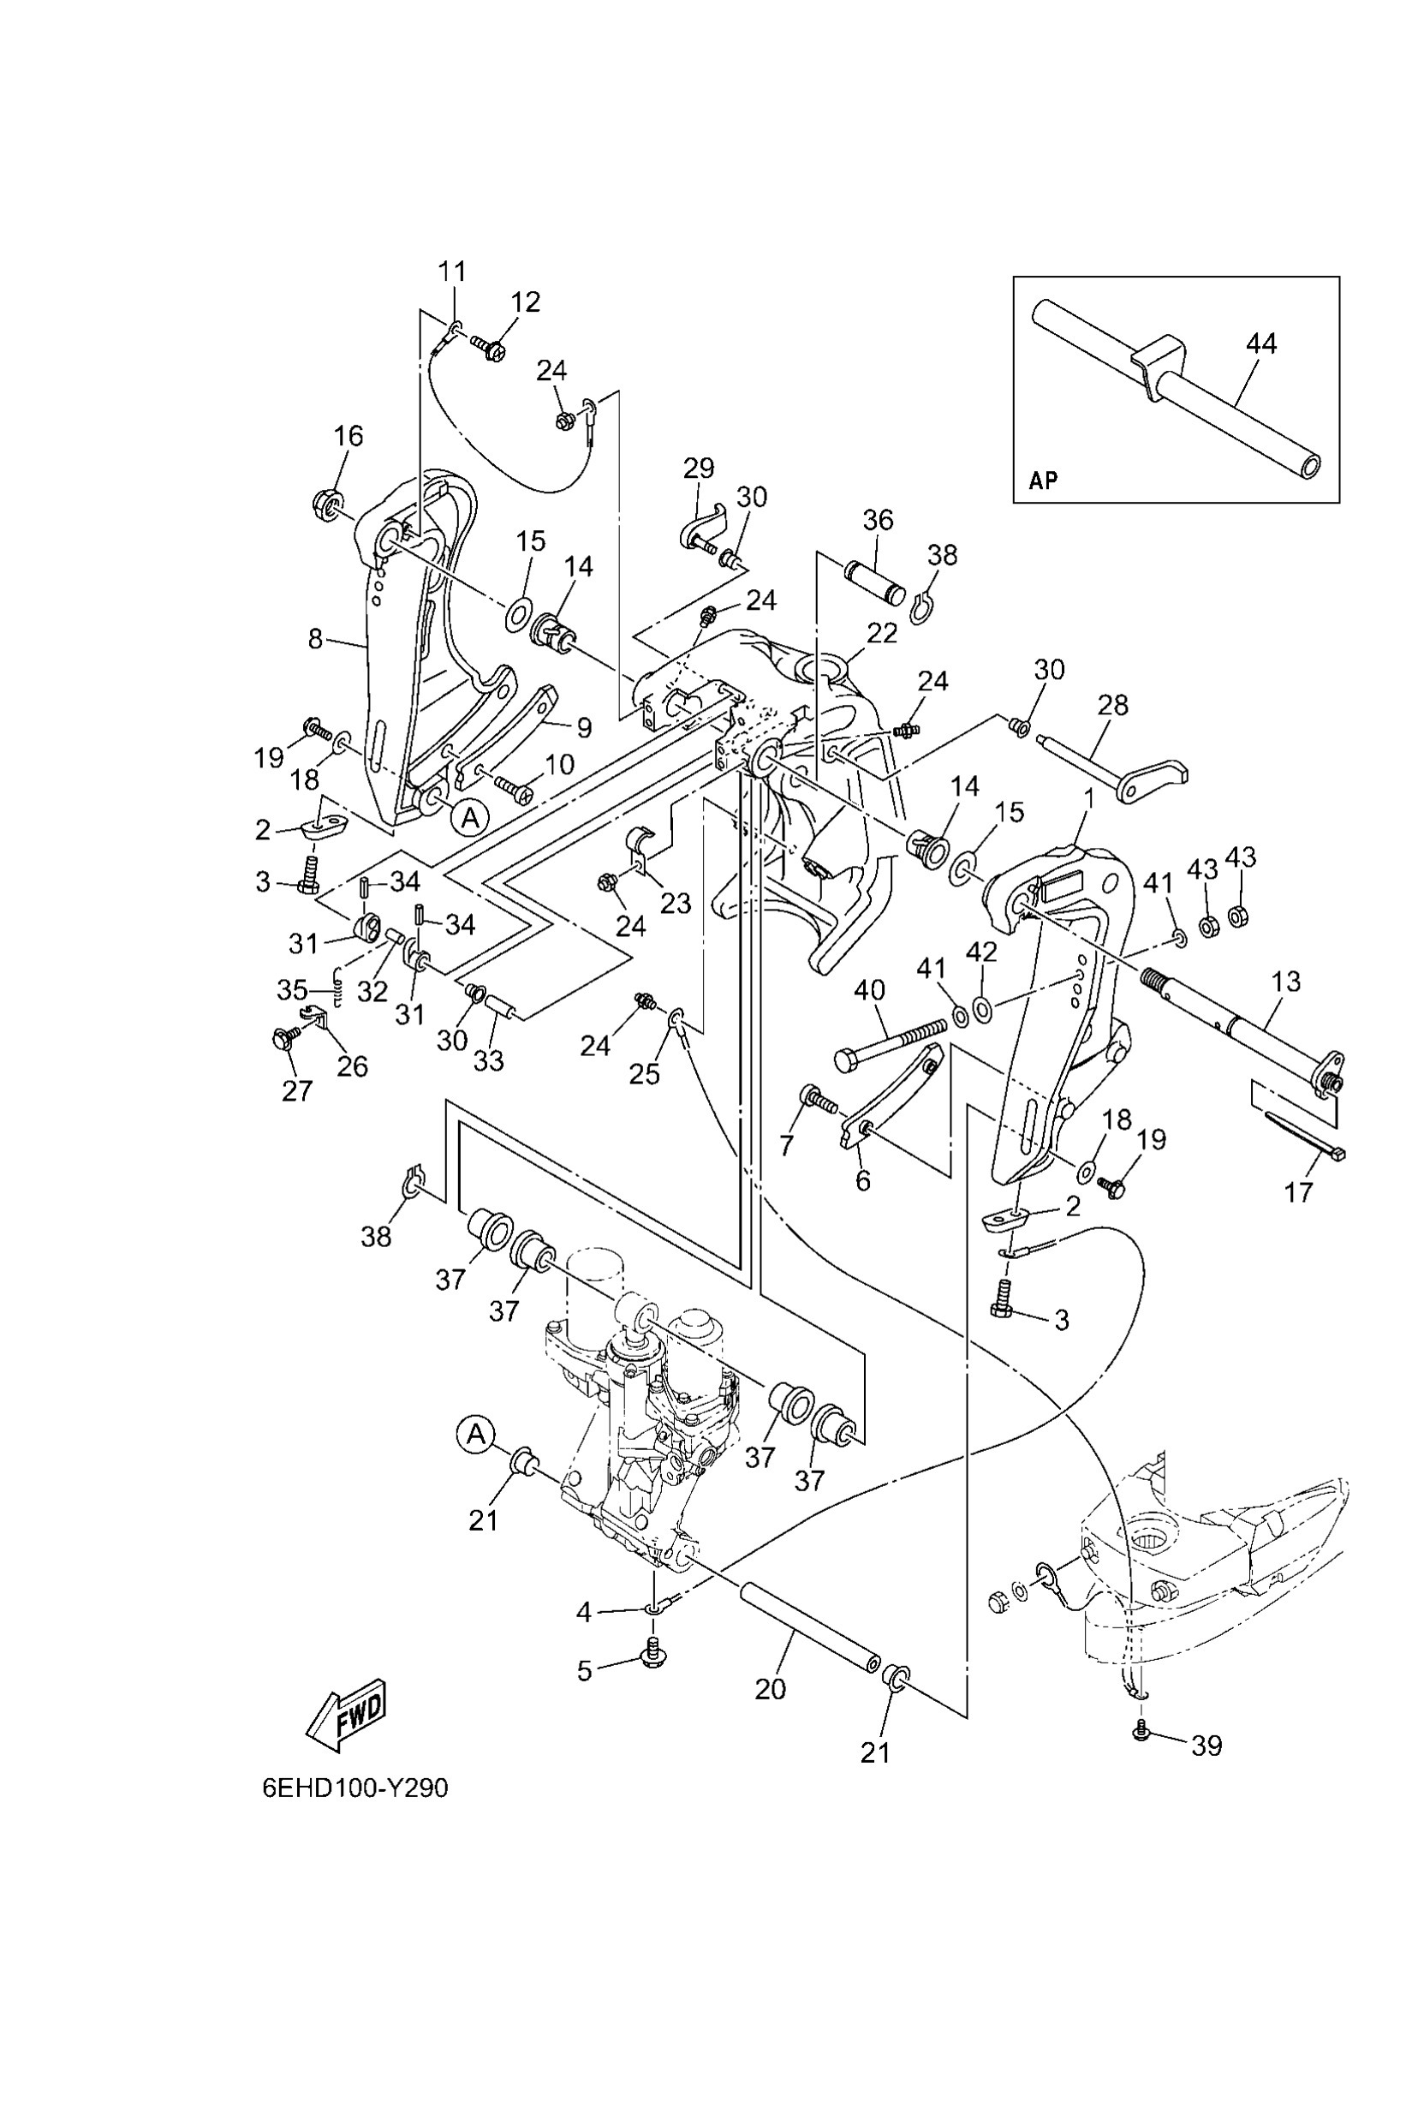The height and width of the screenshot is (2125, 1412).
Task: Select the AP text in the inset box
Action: pos(1043,481)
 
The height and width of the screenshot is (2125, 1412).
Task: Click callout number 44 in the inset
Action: pos(1261,343)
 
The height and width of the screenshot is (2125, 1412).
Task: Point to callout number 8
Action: pos(314,639)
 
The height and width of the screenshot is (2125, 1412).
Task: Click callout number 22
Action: pos(882,633)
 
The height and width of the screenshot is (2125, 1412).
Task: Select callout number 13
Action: pos(1286,981)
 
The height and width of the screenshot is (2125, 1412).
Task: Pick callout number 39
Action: pos(1206,1746)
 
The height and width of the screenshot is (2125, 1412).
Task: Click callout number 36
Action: pos(878,520)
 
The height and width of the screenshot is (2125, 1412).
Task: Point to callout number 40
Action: pos(870,991)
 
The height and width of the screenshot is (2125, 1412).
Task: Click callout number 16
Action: pos(349,436)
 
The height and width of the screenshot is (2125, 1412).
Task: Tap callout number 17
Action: pos(1298,1192)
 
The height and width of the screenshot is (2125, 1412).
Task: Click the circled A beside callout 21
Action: pos(475,1435)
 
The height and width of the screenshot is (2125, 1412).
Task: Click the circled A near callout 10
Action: pos(469,817)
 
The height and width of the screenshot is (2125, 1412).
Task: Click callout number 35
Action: pos(293,990)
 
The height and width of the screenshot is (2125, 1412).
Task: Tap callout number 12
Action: pos(526,301)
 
